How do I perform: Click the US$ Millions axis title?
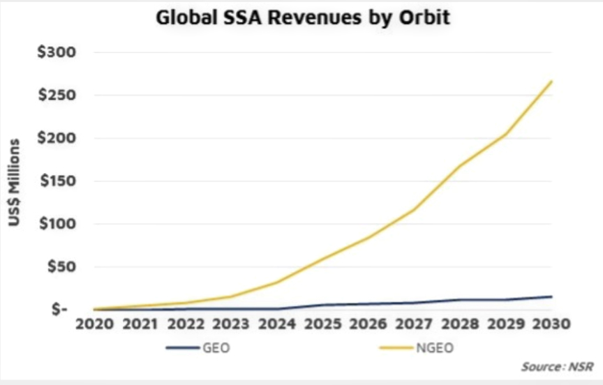point(15,183)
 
